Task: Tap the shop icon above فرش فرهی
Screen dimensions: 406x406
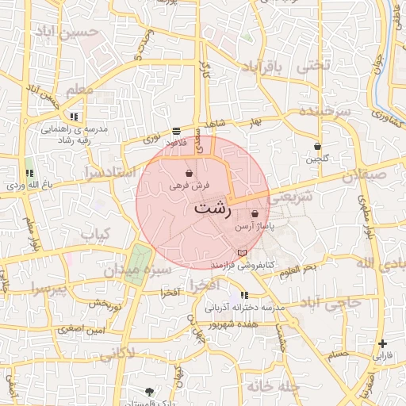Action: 189,173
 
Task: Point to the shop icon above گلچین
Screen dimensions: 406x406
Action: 317,147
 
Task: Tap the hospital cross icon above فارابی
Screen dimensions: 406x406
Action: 383,344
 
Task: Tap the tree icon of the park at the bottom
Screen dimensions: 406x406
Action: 151,392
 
